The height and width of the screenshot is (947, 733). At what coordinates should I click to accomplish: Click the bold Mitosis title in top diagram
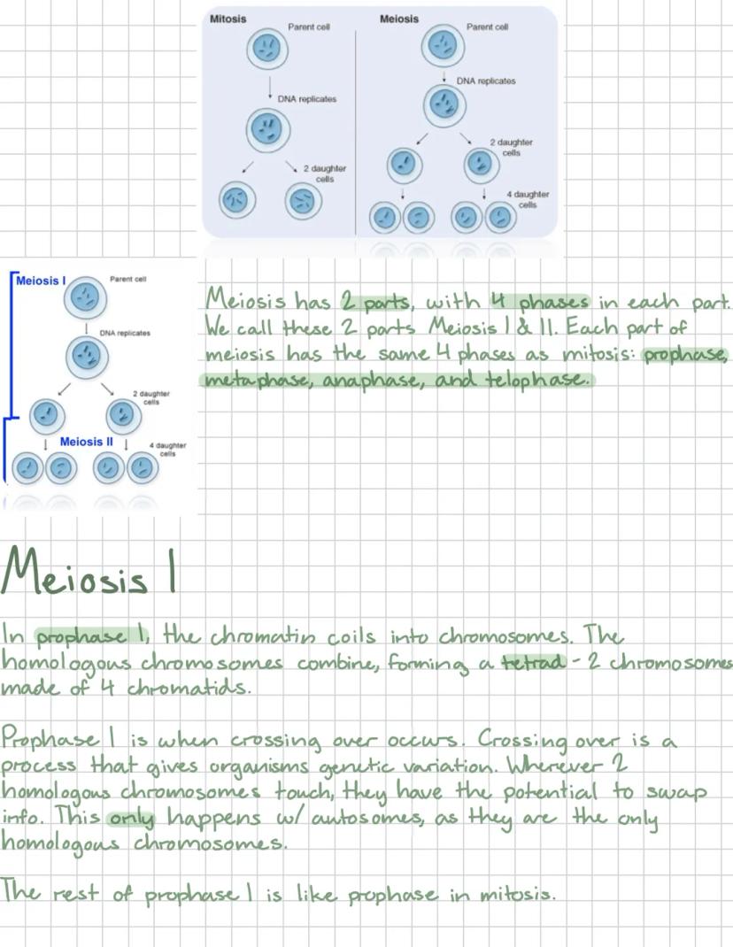coord(228,19)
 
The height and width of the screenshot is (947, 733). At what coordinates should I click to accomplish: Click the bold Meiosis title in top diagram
coord(398,19)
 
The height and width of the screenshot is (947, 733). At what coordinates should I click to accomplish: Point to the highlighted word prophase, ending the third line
coord(685,355)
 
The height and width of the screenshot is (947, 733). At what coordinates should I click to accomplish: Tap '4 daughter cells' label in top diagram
coord(528,199)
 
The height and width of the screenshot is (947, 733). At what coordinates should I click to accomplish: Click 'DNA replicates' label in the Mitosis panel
coord(307,99)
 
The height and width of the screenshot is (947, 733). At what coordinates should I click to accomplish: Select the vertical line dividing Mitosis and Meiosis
coord(356,133)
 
